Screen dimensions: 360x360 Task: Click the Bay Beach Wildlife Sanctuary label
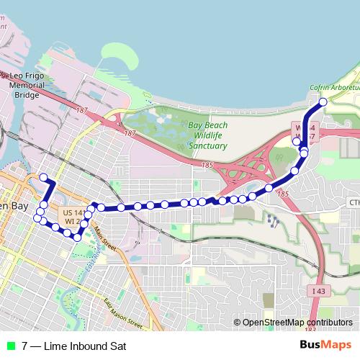pos(207,135)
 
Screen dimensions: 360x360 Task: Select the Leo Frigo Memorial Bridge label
pos(27,84)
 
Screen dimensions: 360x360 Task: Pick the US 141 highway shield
pos(74,213)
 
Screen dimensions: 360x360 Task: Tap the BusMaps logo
pos(325,345)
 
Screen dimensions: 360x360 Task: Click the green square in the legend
pos(10,346)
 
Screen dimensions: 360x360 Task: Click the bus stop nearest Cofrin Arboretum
pos(323,102)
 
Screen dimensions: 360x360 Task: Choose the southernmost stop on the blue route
pos(76,238)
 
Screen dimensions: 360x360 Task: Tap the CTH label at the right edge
pos(354,203)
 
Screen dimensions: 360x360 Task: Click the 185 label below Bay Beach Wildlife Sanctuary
pos(209,166)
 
